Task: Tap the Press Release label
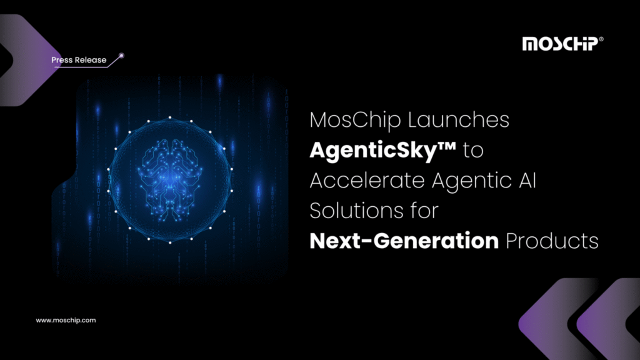click(x=79, y=60)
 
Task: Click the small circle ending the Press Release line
click(x=122, y=56)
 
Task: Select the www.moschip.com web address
click(x=66, y=320)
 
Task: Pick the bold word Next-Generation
click(x=404, y=241)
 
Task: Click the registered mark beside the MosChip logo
click(x=601, y=39)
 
